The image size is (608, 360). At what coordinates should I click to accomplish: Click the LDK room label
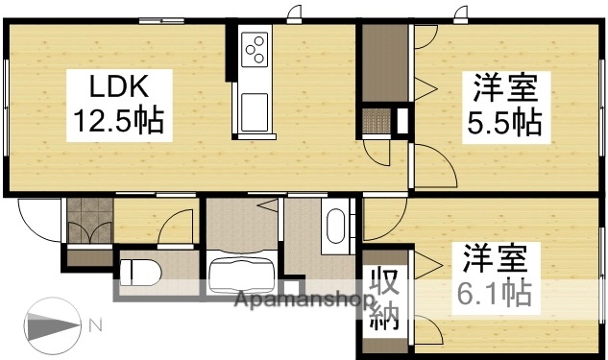point(118,88)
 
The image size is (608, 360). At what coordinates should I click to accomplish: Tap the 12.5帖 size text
point(118,121)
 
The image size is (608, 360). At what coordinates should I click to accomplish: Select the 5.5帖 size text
point(504,123)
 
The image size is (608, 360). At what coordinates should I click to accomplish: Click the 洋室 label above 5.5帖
point(504,91)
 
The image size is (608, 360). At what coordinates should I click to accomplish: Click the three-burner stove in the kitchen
point(255,48)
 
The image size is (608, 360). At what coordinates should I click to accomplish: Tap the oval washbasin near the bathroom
point(335,227)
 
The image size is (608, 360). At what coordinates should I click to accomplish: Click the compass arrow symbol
point(54,326)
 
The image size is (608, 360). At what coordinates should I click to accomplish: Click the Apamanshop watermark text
point(304,300)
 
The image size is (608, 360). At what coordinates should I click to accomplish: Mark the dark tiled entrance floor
point(87,220)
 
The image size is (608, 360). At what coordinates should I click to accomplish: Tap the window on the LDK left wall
point(8,106)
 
